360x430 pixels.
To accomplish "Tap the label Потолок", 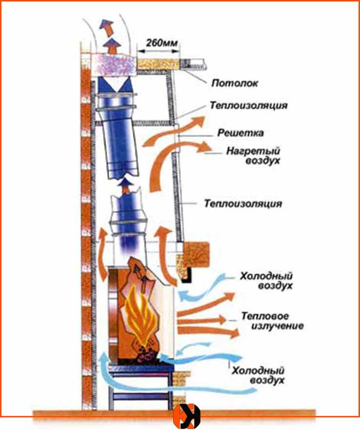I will pyautogui.click(x=234, y=83).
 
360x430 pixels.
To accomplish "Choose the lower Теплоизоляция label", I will pyautogui.click(x=243, y=203).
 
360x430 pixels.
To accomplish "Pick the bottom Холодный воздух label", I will pyautogui.click(x=259, y=375).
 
